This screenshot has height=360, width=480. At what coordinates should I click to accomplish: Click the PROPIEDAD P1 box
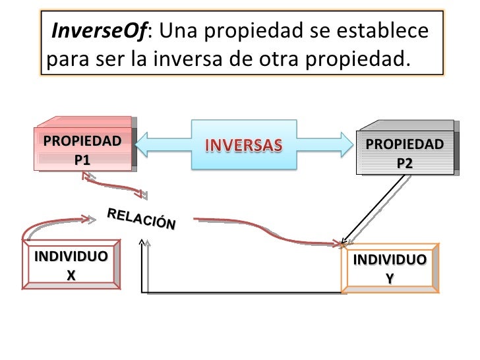(x=82, y=150)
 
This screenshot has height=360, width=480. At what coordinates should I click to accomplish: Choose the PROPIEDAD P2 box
(x=404, y=153)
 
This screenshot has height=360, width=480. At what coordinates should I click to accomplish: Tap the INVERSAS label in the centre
(x=245, y=144)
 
